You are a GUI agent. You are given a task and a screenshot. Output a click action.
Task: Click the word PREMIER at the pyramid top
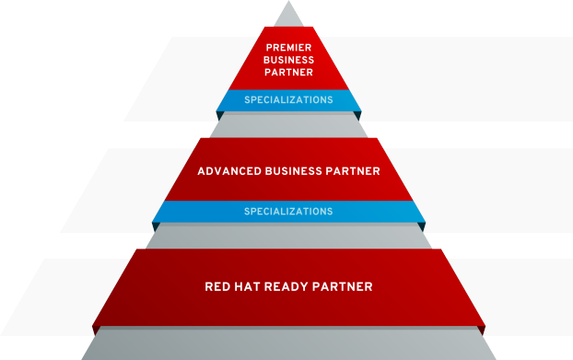(288, 48)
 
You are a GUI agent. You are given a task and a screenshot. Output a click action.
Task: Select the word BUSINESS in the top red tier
(288, 60)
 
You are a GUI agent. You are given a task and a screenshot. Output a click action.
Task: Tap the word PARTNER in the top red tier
(288, 73)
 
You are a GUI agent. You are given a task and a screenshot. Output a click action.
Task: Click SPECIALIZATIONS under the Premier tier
(288, 99)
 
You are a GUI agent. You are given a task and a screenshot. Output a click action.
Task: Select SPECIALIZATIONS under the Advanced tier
(288, 212)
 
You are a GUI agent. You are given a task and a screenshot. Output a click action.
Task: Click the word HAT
(247, 286)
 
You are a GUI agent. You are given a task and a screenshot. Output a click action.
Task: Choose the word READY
(286, 286)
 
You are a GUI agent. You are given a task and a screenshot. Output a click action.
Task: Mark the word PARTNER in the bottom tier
(343, 286)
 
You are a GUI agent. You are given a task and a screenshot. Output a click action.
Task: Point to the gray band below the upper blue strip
(288, 125)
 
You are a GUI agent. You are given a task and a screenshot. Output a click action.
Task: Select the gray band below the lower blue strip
(288, 237)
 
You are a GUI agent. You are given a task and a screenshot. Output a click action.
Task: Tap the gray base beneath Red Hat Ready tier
(288, 343)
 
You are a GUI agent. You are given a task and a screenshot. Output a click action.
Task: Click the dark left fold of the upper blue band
(220, 116)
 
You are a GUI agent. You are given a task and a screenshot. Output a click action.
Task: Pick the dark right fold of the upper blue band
(357, 116)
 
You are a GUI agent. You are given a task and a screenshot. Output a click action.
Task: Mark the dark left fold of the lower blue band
(156, 226)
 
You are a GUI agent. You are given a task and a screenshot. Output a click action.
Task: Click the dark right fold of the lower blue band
(422, 226)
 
